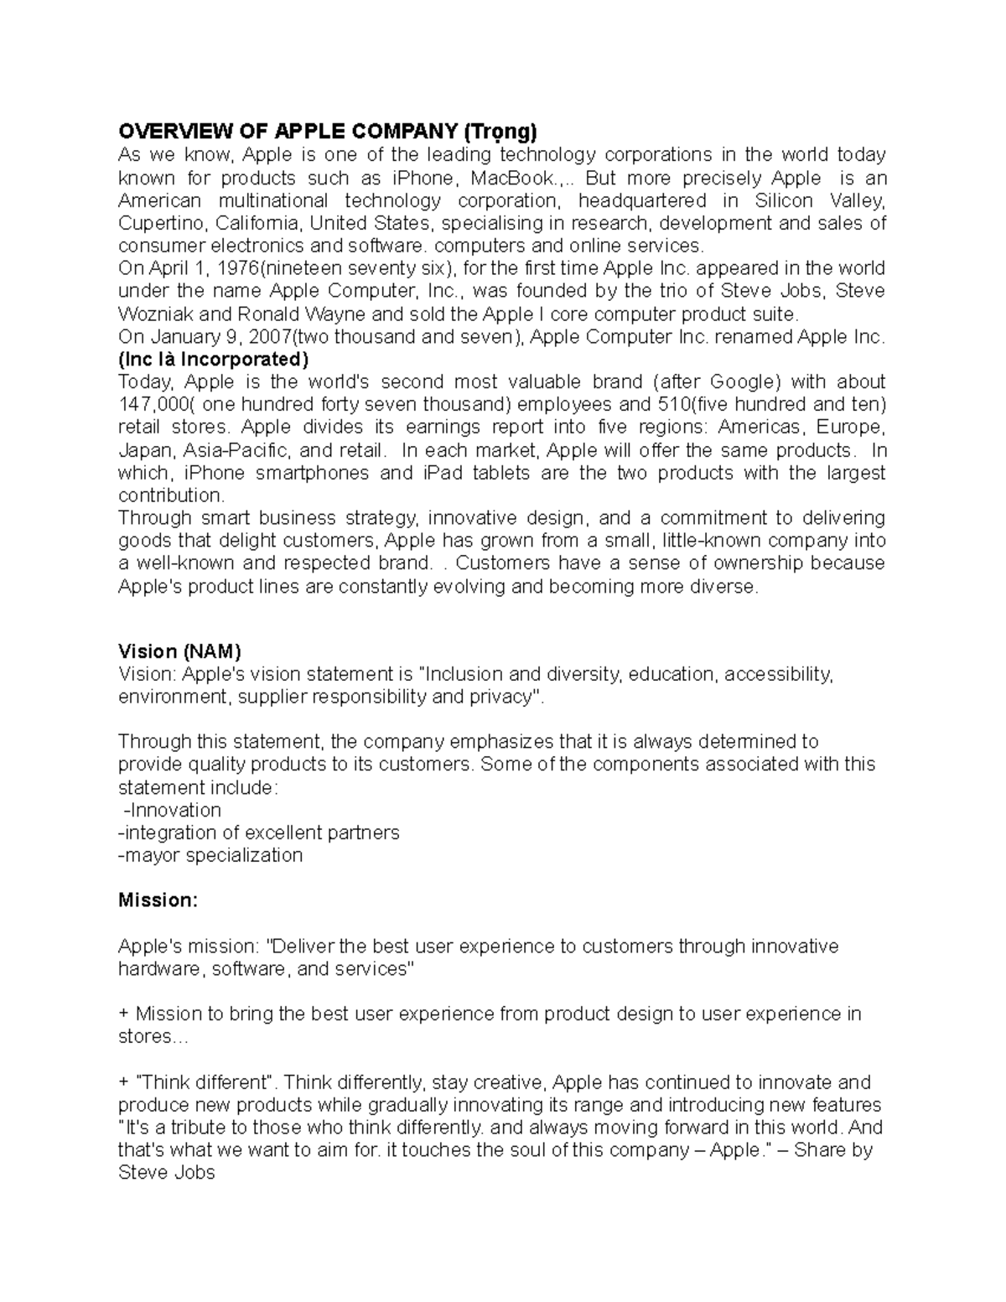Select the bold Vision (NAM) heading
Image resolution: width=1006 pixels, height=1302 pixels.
click(179, 651)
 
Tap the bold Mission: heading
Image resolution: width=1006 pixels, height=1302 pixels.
click(158, 900)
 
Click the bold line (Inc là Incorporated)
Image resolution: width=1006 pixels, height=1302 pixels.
click(213, 360)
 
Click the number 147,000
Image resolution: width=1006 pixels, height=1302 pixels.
click(149, 405)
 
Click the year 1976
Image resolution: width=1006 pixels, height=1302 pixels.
click(238, 269)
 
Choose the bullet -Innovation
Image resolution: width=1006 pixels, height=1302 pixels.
click(172, 810)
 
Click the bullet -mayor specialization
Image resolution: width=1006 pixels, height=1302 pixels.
click(210, 855)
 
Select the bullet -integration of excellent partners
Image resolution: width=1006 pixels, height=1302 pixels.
click(259, 833)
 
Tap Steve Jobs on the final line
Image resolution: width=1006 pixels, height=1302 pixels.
click(167, 1173)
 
